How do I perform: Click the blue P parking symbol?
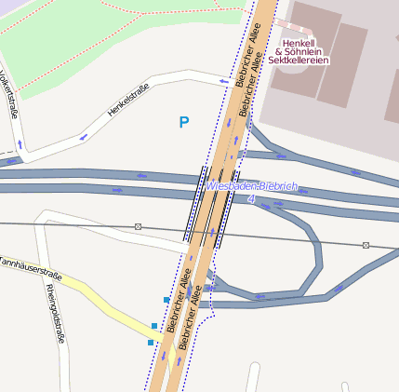click(184, 122)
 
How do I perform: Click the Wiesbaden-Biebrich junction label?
click(252, 186)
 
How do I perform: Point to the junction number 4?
click(251, 198)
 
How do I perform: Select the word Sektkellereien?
click(299, 61)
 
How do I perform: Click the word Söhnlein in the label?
click(303, 51)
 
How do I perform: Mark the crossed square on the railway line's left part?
click(138, 226)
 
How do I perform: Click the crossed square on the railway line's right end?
click(366, 245)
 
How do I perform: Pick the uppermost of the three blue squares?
click(166, 300)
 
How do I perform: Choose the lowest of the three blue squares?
click(151, 343)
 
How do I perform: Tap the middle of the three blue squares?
click(155, 325)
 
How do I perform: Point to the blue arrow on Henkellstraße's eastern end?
click(223, 81)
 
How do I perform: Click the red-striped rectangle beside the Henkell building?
click(287, 23)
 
